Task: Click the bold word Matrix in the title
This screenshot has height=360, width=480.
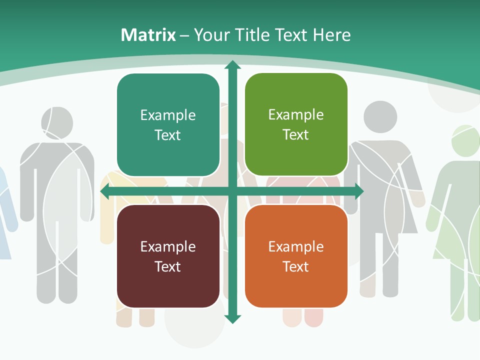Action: tap(148, 35)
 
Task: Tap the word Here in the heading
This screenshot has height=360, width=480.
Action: tap(332, 35)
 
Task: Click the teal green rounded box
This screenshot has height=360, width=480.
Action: tap(168, 125)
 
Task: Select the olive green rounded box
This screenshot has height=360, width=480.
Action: tap(296, 124)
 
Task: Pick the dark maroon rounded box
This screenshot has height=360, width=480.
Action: tap(168, 256)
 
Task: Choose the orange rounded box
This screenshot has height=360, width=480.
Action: tap(296, 256)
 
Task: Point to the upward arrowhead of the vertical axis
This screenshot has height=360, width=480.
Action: tap(232, 65)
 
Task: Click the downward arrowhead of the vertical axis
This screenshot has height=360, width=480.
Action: tap(232, 318)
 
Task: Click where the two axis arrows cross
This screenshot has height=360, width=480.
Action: tap(232, 191)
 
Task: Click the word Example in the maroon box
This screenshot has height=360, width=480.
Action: tap(168, 246)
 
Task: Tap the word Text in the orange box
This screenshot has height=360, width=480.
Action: tap(296, 266)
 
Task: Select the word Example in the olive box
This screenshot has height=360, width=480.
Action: tap(296, 115)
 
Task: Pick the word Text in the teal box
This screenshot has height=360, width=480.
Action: tap(168, 135)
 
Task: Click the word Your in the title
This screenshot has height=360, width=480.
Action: tap(209, 35)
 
